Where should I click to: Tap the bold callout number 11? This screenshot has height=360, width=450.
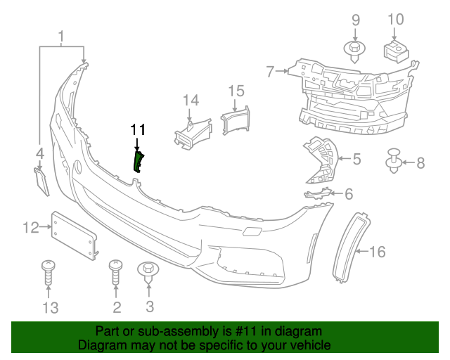point(137,129)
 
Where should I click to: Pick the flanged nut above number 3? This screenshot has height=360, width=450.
point(148,270)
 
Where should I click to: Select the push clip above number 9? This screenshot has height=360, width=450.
point(354,51)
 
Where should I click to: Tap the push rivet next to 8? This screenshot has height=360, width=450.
point(394,161)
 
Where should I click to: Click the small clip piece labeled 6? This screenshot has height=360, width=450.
point(318,193)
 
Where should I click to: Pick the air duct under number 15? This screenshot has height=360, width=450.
point(236,119)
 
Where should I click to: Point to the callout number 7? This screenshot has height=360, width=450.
point(270,70)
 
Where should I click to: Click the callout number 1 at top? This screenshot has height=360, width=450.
point(61,36)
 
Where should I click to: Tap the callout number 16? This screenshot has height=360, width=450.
point(378,252)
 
